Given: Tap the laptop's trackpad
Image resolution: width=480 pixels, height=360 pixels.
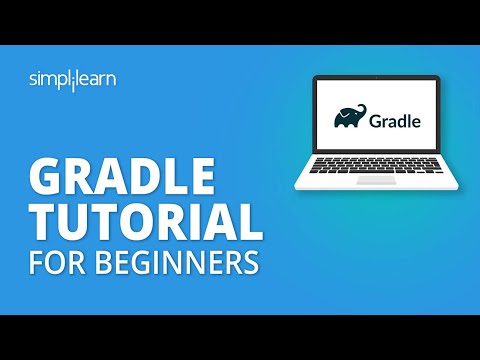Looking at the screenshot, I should pyautogui.click(x=377, y=181).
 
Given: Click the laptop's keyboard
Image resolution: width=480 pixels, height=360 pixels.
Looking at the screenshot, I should pyautogui.click(x=377, y=166).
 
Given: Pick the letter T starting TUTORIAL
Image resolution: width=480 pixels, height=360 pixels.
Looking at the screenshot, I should pyautogui.click(x=44, y=221).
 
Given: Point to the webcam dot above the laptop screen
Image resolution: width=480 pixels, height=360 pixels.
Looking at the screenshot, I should pyautogui.click(x=377, y=83).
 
